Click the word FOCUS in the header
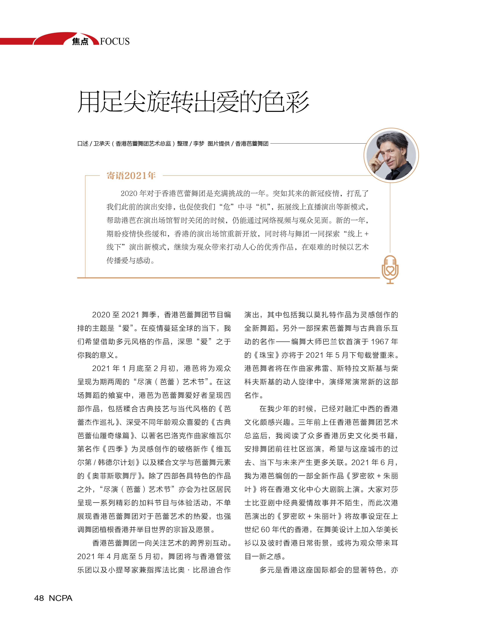tap(115, 41)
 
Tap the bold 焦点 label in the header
tap(80, 42)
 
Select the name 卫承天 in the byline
tap(102, 144)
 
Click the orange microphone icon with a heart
tap(390, 269)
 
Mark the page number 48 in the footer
tap(39, 598)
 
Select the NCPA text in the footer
tap(61, 598)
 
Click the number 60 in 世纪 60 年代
tap(265, 530)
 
